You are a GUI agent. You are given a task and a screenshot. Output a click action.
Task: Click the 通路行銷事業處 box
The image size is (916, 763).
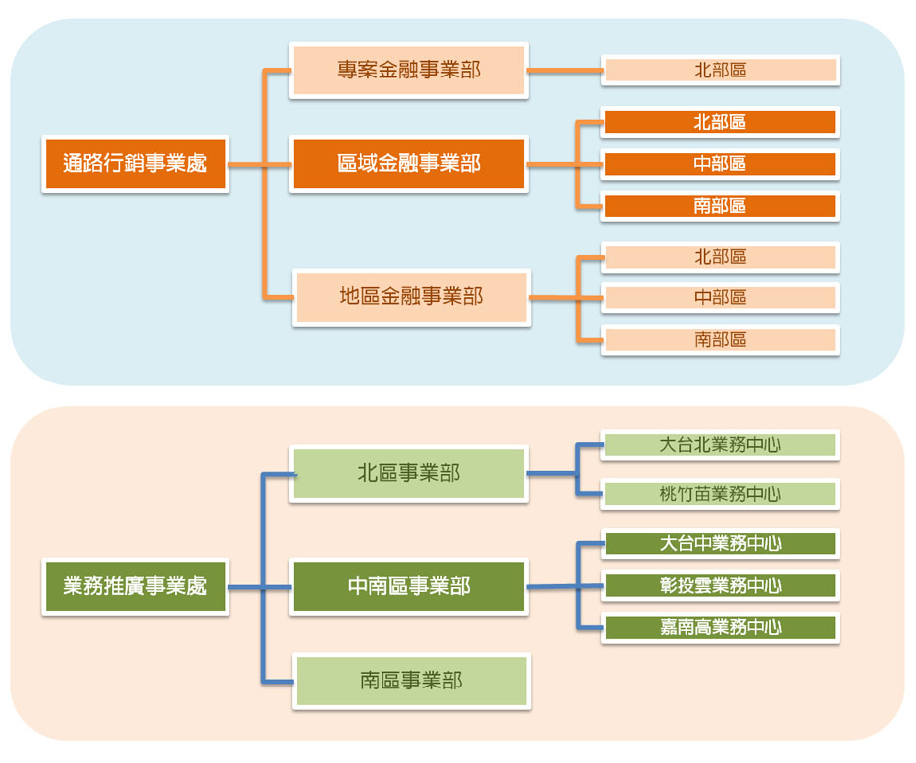click(x=135, y=164)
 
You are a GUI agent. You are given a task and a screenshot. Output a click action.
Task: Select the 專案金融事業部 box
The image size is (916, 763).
click(x=408, y=71)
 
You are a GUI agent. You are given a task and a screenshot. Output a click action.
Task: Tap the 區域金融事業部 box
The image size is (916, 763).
click(x=408, y=164)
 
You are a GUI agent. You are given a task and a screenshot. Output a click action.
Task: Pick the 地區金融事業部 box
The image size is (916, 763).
click(x=410, y=297)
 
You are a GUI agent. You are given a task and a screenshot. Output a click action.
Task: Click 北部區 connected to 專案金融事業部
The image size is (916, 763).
click(x=720, y=71)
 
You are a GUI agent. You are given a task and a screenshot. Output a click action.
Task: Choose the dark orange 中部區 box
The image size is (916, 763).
click(x=720, y=164)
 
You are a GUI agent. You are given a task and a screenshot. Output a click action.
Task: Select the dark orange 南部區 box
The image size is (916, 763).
click(x=720, y=206)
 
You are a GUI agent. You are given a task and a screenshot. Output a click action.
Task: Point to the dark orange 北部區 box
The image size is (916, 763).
click(x=720, y=122)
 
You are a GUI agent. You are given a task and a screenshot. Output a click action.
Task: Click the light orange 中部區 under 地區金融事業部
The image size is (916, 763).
click(x=720, y=297)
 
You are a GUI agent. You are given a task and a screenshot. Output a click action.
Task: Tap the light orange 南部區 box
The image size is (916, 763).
click(x=720, y=339)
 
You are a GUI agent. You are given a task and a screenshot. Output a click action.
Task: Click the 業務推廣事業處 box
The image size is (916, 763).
click(x=135, y=587)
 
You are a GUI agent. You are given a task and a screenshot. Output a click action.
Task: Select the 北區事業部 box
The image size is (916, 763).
click(x=408, y=473)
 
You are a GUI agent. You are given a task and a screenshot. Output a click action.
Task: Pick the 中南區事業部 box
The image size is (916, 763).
click(x=408, y=587)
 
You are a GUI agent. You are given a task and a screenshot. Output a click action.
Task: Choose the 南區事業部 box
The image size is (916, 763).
click(x=410, y=681)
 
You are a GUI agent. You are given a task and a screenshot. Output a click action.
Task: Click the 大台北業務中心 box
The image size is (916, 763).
click(x=720, y=445)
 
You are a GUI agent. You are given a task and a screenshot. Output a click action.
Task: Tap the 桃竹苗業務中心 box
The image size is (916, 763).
click(x=720, y=493)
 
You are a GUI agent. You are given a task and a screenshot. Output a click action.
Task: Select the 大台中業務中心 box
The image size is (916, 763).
click(x=720, y=543)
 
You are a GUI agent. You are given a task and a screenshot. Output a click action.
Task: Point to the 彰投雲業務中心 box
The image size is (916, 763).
click(x=720, y=586)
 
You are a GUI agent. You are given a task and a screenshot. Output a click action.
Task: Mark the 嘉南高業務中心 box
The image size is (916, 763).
click(x=720, y=627)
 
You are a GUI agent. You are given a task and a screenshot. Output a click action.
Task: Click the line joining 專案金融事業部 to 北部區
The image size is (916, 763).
click(x=564, y=71)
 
